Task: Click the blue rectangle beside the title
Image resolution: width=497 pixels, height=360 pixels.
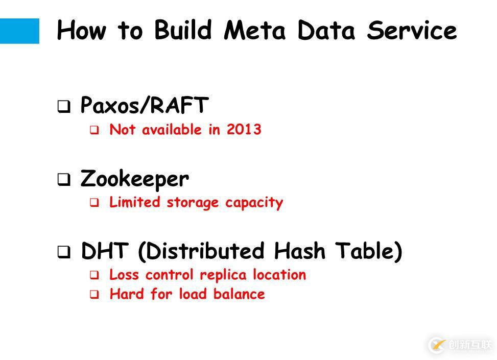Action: (19, 31)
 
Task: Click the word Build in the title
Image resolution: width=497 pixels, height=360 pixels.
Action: (183, 30)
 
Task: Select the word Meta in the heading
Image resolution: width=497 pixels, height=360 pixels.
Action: (254, 31)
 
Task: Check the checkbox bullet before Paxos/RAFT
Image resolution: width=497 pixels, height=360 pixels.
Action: (64, 107)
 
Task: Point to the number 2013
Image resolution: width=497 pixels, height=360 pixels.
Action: (244, 129)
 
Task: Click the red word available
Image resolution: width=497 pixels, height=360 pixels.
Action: (172, 130)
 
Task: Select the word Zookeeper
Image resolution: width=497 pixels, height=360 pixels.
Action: (135, 180)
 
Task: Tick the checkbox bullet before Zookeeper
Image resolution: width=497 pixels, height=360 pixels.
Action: (64, 180)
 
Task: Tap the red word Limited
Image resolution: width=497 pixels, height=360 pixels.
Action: (135, 202)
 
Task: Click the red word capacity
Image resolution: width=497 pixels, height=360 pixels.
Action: (254, 203)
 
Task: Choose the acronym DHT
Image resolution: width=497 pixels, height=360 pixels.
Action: (105, 251)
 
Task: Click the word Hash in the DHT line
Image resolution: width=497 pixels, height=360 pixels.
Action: (299, 251)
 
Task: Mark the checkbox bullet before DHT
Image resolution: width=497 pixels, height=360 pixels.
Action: (64, 252)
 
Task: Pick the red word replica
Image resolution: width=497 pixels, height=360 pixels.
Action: (223, 275)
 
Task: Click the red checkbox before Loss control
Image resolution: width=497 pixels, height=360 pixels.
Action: (94, 275)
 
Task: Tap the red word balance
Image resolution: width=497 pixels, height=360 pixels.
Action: (239, 294)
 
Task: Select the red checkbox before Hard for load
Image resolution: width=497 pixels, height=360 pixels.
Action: (94, 295)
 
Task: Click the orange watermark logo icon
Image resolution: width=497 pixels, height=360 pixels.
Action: (438, 345)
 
